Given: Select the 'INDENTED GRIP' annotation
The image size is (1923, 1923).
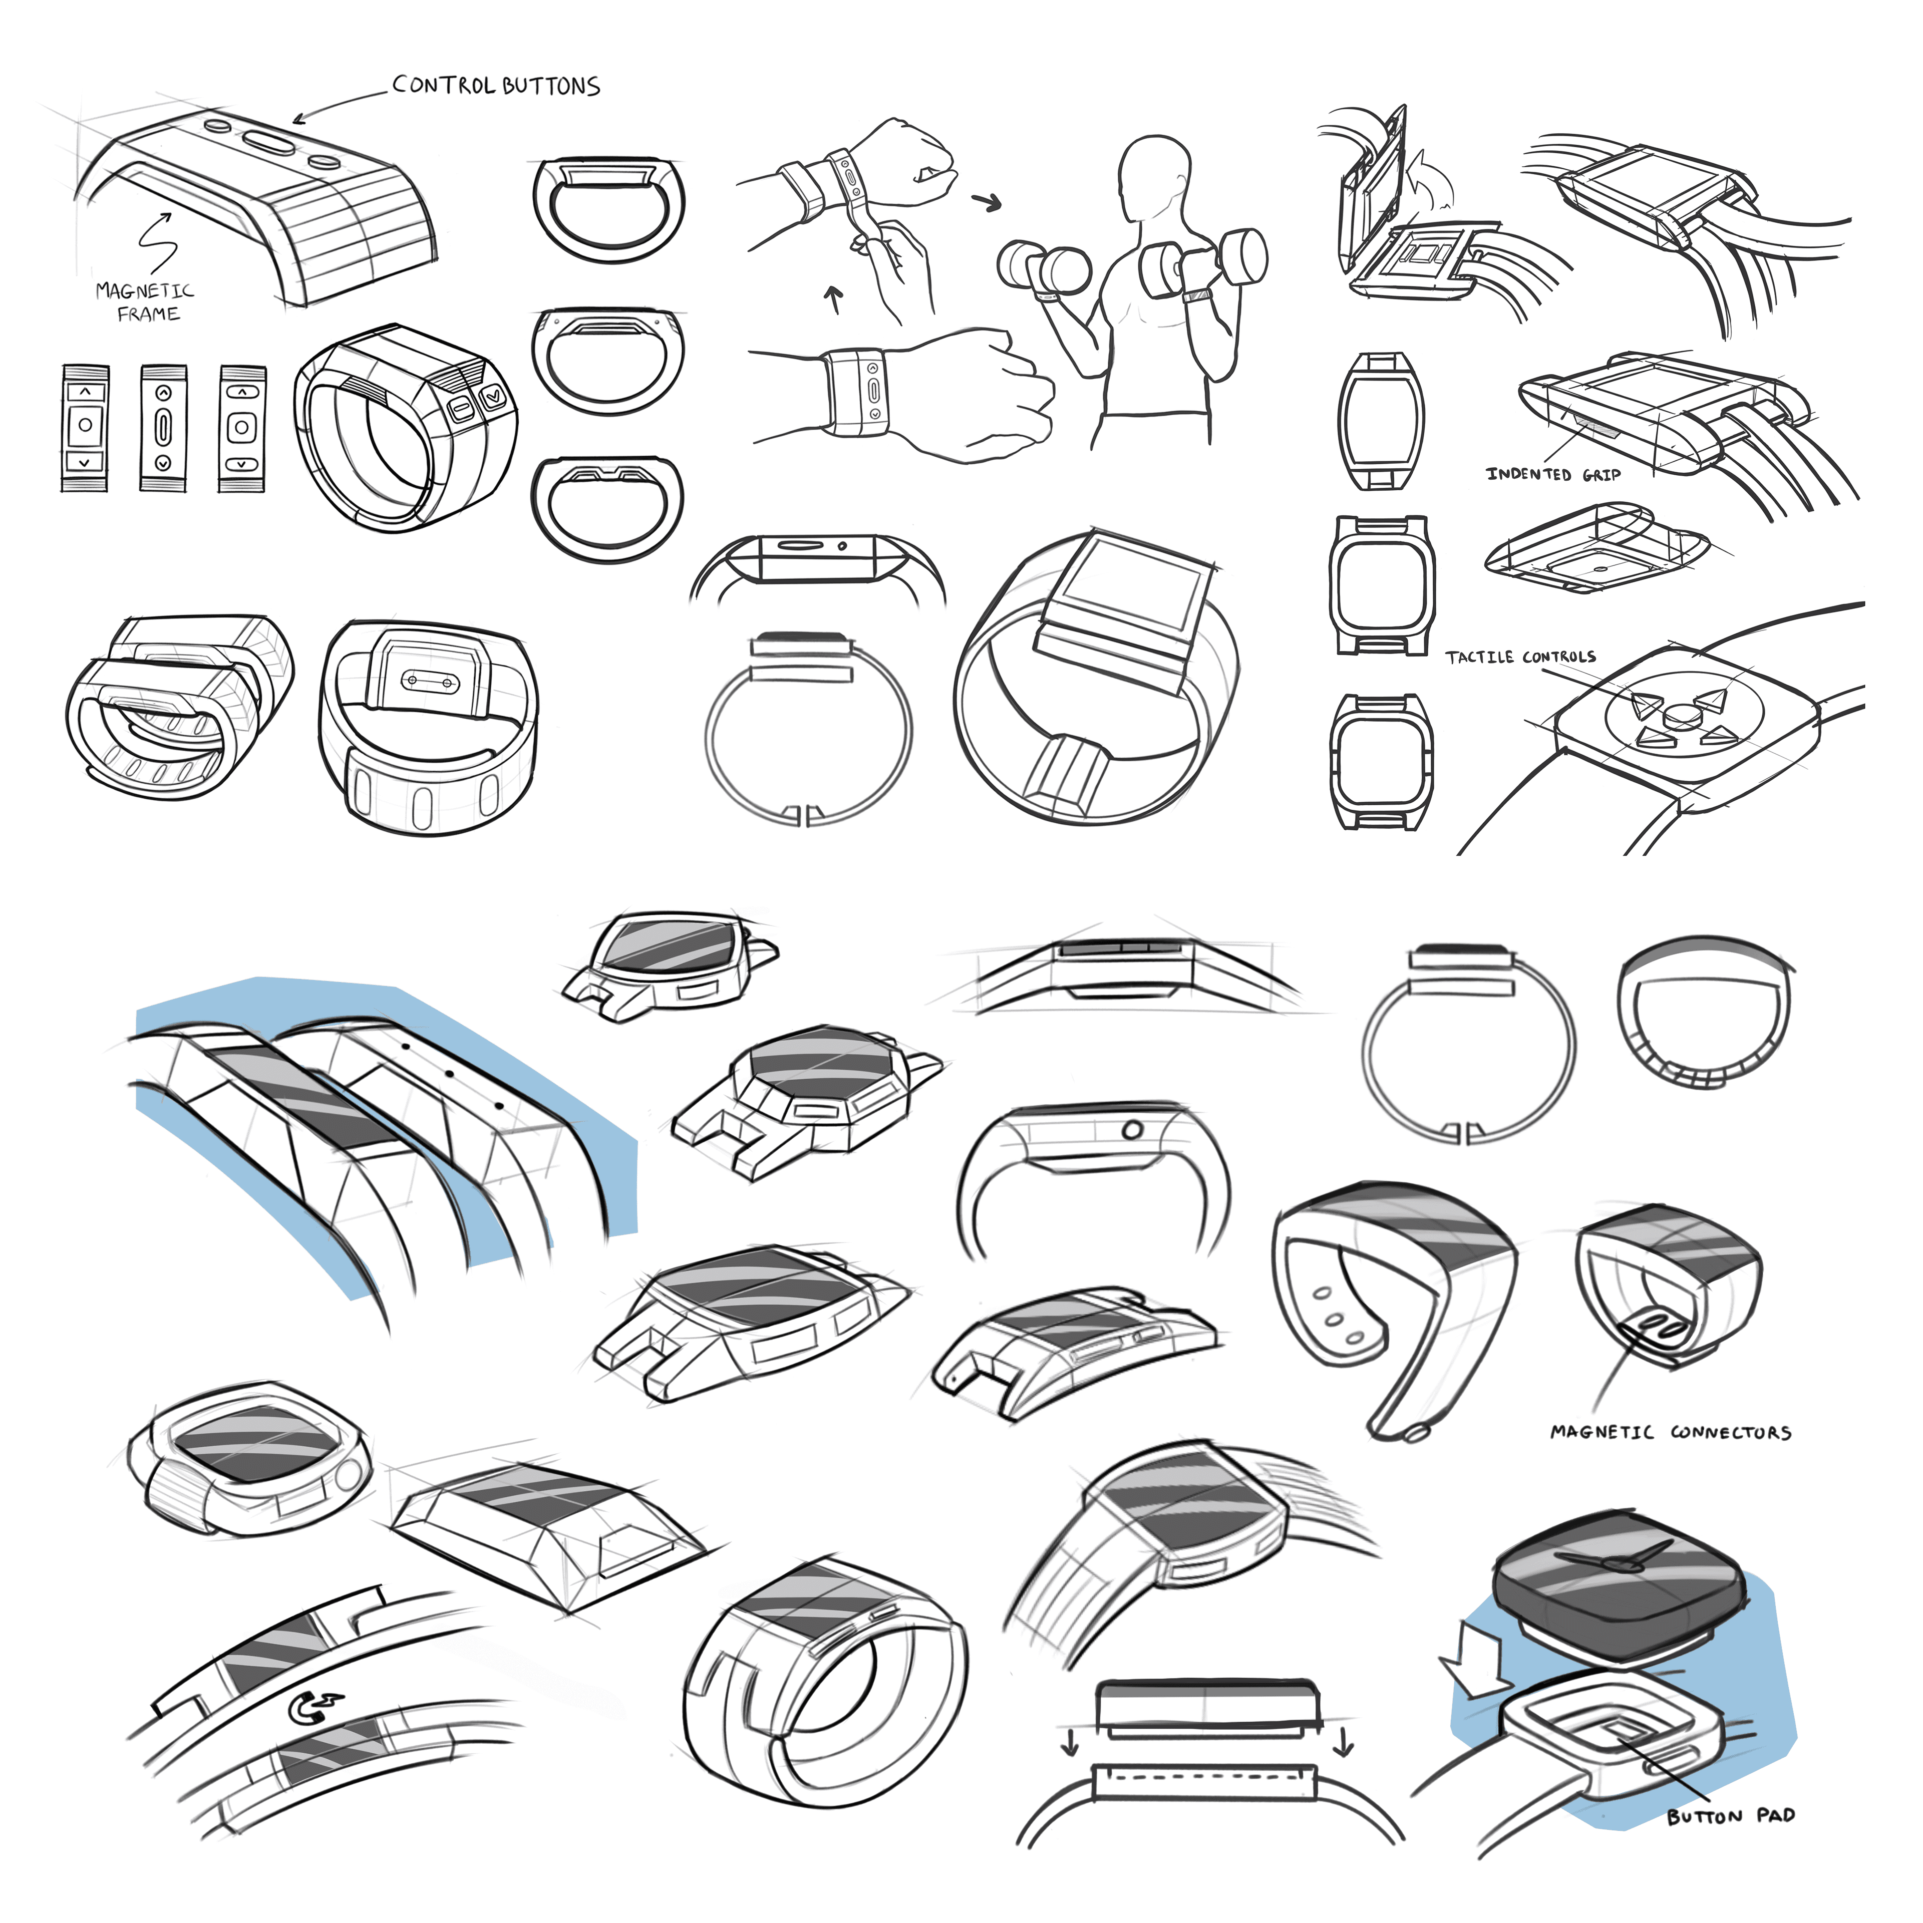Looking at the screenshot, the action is (1553, 475).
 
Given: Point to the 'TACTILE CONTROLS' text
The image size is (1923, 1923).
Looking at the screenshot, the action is (1520, 657).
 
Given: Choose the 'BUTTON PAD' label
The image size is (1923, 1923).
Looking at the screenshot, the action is (1731, 1815).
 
